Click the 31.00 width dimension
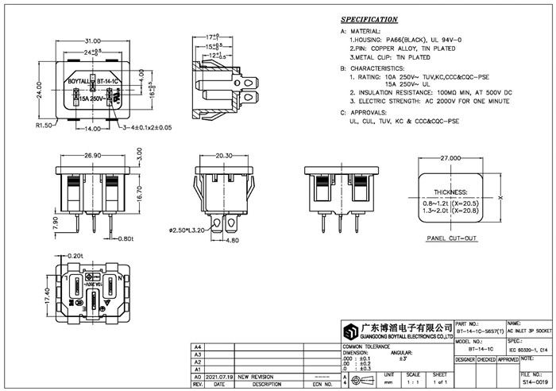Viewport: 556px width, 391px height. (x=93, y=40)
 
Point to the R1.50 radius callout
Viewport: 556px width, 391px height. (x=43, y=126)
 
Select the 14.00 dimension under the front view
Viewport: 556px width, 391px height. (x=93, y=128)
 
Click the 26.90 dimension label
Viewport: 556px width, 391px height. (x=93, y=156)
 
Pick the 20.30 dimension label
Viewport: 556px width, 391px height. (x=223, y=156)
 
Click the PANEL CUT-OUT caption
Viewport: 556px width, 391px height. (x=451, y=238)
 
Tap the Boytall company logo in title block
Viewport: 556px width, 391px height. (x=349, y=331)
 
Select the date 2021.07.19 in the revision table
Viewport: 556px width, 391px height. (x=219, y=377)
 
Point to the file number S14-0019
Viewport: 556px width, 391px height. (x=535, y=381)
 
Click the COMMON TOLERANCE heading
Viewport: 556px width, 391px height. (x=368, y=348)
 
